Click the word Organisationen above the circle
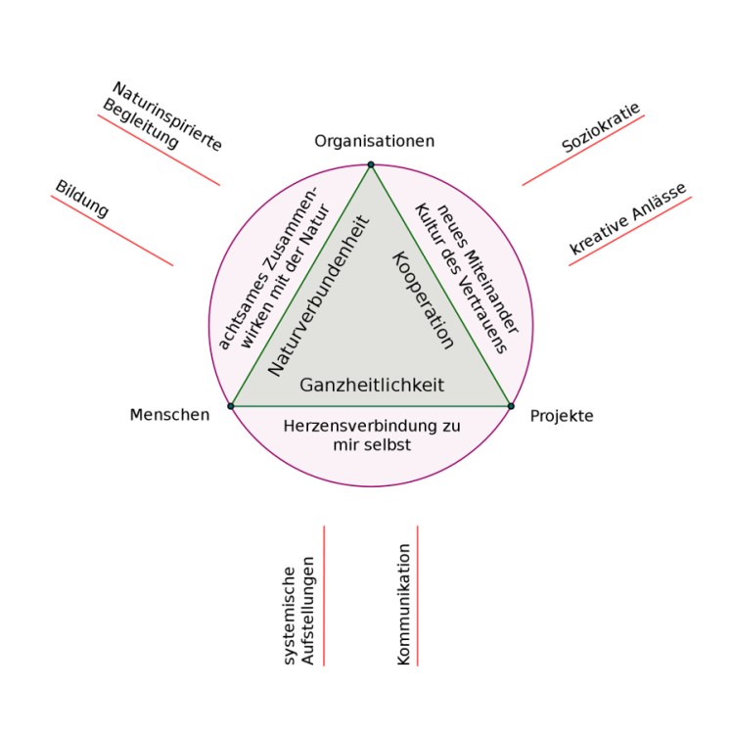374,142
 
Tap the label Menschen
169,415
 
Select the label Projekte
562,416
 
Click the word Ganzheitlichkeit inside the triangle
371,385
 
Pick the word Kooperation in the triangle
423,299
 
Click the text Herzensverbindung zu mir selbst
371,435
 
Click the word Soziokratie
601,128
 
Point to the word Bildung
82,199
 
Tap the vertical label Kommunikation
403,605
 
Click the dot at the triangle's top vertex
371,164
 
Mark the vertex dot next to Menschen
231,405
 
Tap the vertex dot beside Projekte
511,405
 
